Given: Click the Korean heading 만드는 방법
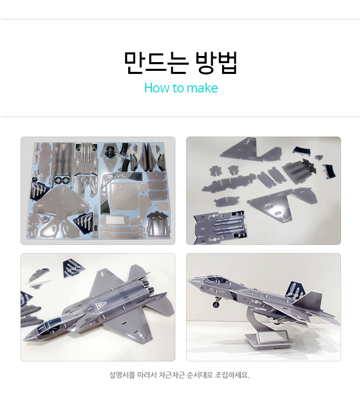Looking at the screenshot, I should (x=180, y=63).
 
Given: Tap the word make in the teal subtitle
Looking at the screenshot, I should (x=202, y=88).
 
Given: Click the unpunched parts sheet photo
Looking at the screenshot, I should (x=97, y=190).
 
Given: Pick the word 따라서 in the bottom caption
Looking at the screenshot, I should (x=146, y=375).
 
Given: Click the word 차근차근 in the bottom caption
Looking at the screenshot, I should (x=171, y=375).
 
